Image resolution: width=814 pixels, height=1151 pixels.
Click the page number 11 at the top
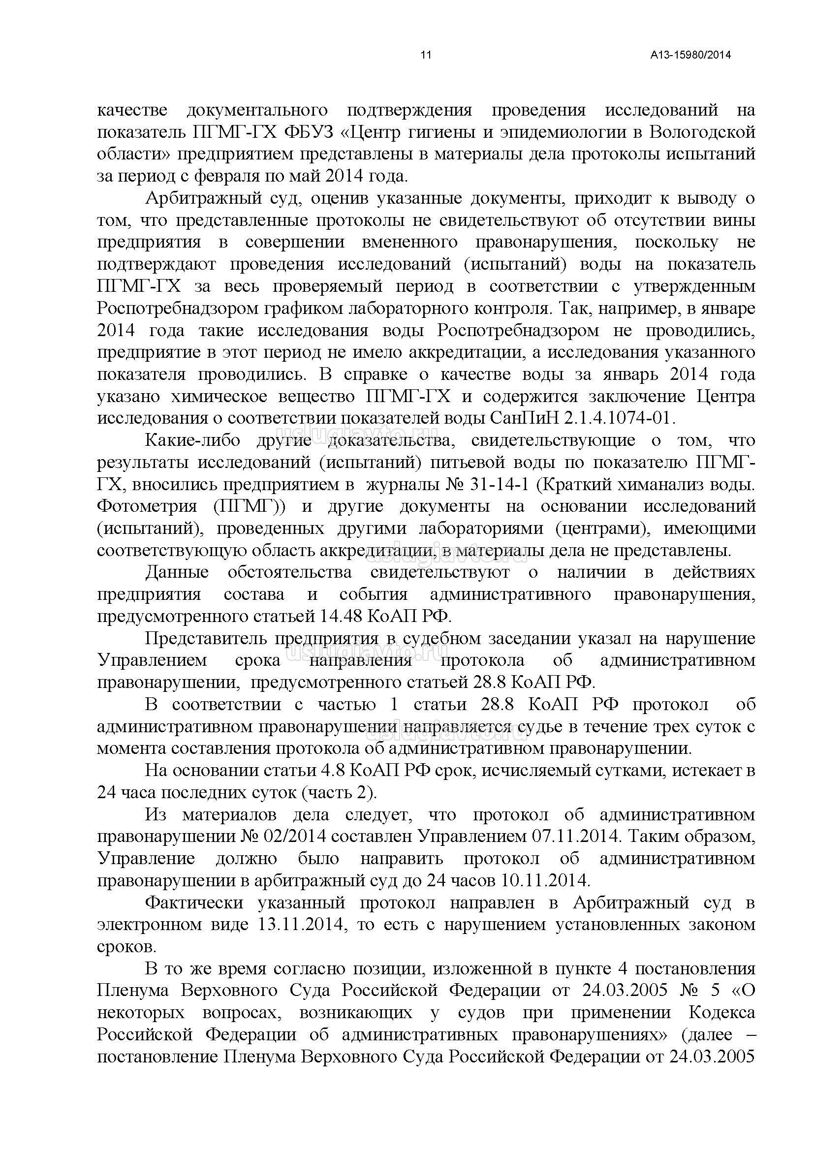(426, 55)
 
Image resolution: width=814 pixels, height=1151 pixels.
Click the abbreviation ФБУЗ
(309, 132)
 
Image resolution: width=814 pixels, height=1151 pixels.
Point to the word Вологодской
(702, 132)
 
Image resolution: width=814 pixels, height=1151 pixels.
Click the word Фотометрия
(147, 506)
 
